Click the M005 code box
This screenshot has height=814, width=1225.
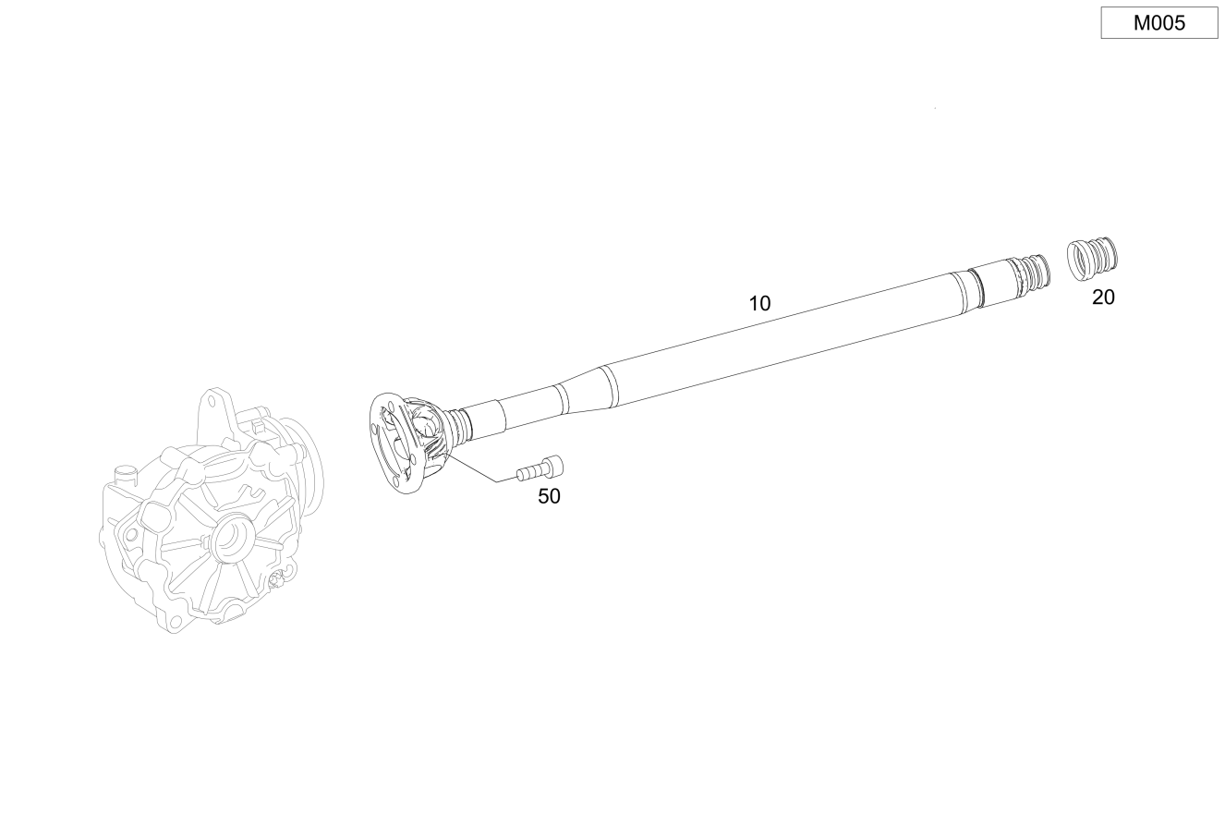point(1159,22)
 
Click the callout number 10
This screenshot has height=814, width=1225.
point(759,304)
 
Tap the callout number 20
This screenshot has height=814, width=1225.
point(1103,297)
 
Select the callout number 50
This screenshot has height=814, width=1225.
point(549,496)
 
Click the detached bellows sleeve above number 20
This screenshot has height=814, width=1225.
point(1092,260)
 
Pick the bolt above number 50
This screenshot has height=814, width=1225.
point(540,468)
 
